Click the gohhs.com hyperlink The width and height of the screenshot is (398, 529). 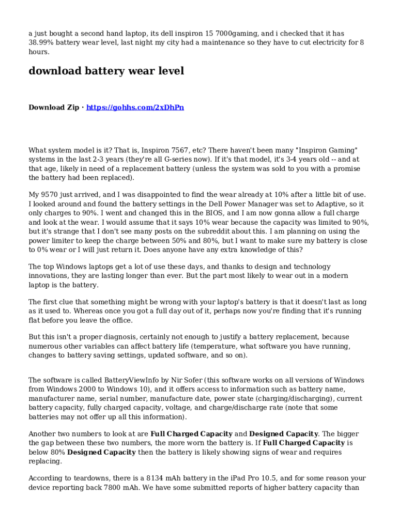[135, 107]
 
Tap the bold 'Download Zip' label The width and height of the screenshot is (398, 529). [53, 107]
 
